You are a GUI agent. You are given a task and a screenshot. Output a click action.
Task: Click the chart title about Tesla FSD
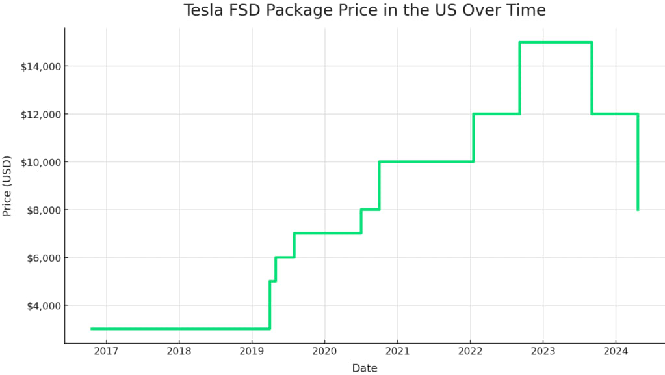(x=365, y=10)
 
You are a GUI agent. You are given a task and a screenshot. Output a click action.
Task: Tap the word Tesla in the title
(x=203, y=10)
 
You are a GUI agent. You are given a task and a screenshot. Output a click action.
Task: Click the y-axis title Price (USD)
(x=7, y=186)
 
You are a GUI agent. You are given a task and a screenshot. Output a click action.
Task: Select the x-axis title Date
(x=365, y=368)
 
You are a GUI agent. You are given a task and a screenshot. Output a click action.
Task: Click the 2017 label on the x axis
(x=106, y=352)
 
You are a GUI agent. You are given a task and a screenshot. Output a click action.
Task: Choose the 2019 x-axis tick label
(x=252, y=352)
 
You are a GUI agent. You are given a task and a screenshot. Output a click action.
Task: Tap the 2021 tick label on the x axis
(x=397, y=352)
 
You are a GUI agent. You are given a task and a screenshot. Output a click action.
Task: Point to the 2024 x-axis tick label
(x=615, y=352)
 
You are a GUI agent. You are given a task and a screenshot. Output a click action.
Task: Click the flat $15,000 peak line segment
(x=556, y=42)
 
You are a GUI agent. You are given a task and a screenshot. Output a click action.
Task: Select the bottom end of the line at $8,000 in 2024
(x=638, y=209)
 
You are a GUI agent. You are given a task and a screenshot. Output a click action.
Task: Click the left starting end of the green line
(x=92, y=329)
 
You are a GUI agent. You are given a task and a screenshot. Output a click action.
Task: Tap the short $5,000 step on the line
(x=273, y=281)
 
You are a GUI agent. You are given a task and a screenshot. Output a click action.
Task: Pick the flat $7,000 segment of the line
(x=328, y=233)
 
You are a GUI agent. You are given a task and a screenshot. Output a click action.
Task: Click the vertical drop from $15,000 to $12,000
(x=592, y=78)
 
